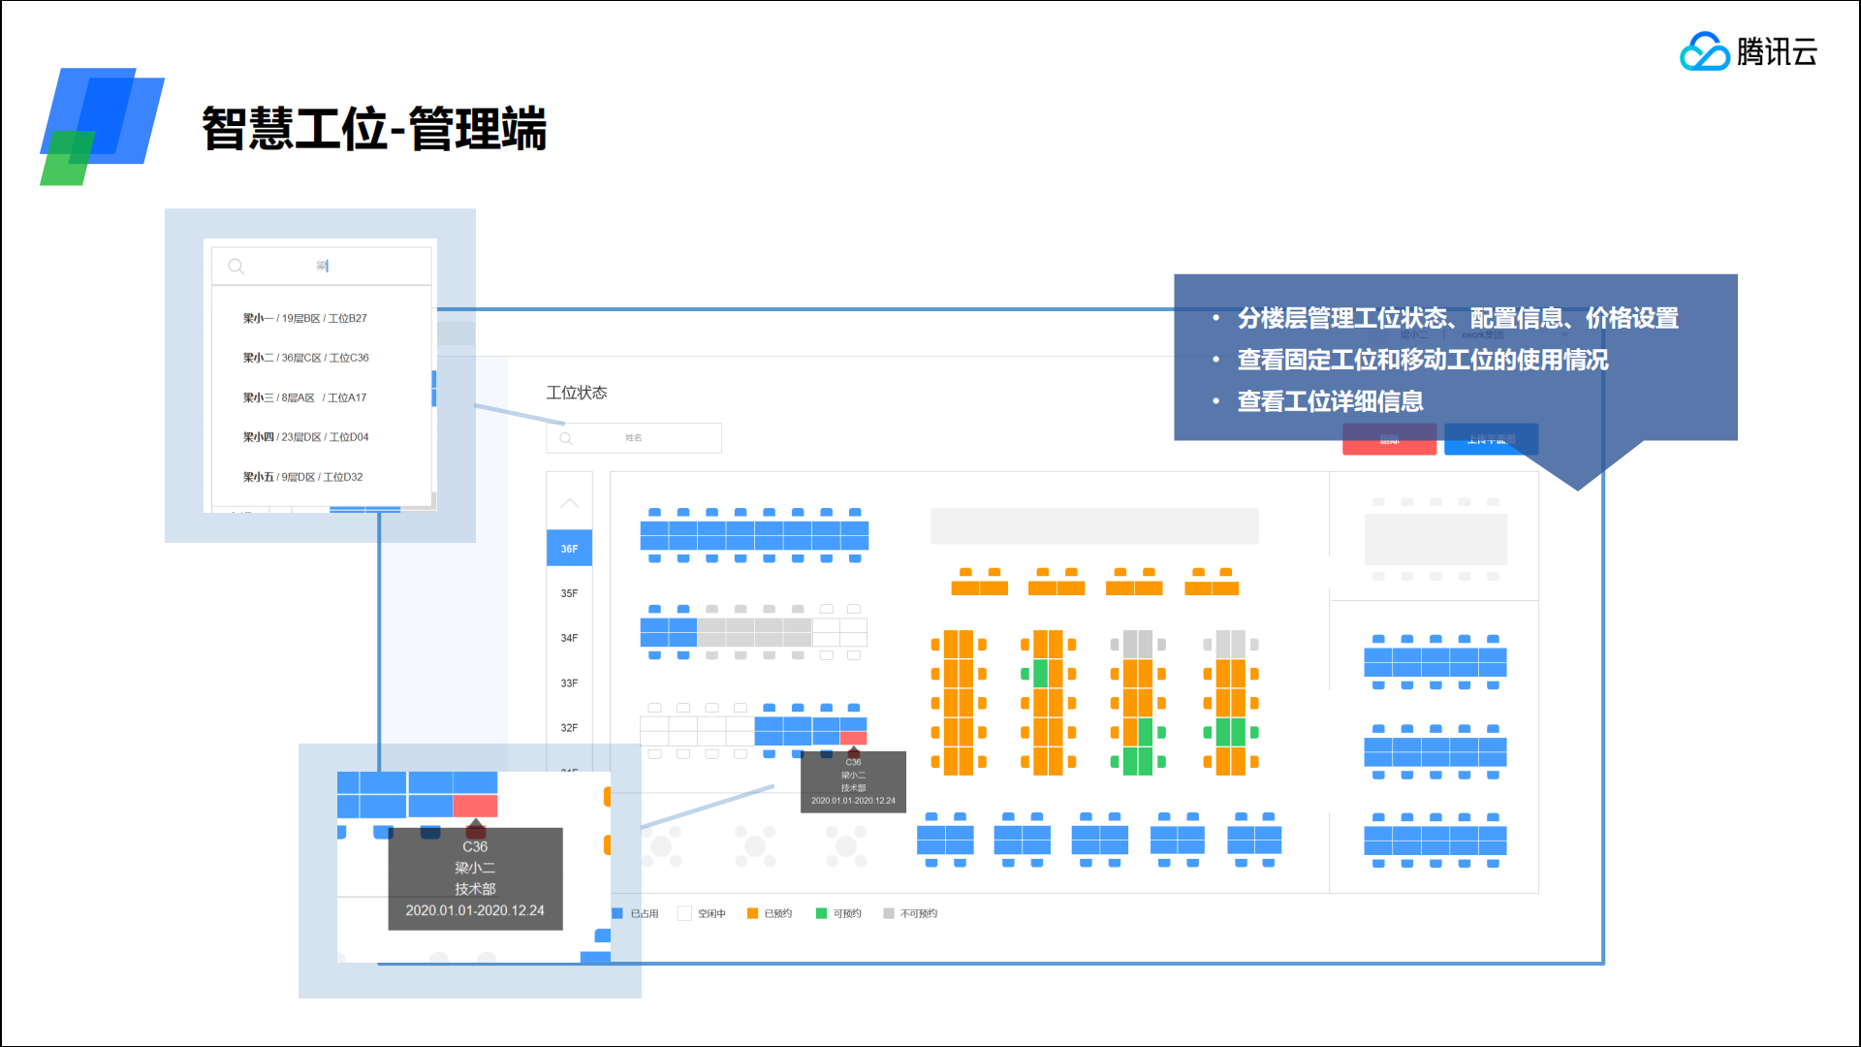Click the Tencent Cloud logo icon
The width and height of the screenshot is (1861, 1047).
pos(1704,51)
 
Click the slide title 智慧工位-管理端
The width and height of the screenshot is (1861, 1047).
pos(374,129)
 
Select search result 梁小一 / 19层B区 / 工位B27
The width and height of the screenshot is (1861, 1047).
pos(305,318)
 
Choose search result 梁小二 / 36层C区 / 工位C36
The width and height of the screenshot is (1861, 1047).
pos(306,358)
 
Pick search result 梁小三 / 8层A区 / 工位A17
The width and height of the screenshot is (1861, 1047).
pos(305,397)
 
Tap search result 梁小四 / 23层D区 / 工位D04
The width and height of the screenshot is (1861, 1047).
pos(306,437)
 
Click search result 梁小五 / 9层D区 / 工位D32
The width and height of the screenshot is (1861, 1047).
pos(303,477)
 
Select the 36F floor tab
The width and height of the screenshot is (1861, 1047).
pos(569,549)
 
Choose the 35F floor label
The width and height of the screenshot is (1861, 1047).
pos(569,593)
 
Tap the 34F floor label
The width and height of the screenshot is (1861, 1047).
pos(569,638)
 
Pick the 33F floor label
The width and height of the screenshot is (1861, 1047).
pos(569,683)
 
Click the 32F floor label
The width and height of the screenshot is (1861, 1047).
pos(569,728)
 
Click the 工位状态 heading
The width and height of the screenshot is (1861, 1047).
pos(577,393)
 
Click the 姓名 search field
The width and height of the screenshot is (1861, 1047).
pos(634,438)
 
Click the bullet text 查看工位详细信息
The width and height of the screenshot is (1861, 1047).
pos(1330,401)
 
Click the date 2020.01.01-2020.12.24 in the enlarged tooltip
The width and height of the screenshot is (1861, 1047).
pos(475,910)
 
